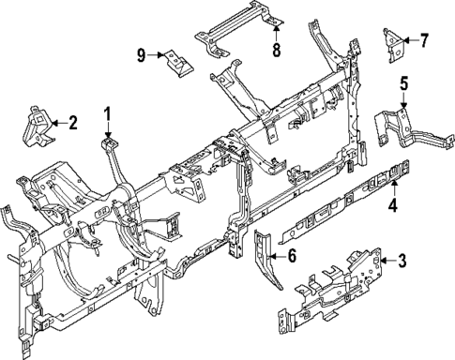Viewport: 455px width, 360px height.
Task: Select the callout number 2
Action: tap(73, 122)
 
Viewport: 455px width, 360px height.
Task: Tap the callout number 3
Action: tap(402, 261)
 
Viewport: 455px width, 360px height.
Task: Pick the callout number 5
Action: tap(403, 84)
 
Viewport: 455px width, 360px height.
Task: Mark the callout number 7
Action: tap(423, 40)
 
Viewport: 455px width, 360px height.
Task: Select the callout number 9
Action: tap(143, 55)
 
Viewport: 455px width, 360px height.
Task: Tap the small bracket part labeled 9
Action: tap(176, 62)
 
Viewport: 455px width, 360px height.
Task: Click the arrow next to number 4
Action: tap(394, 187)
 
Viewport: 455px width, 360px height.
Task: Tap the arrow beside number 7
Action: tap(409, 40)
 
